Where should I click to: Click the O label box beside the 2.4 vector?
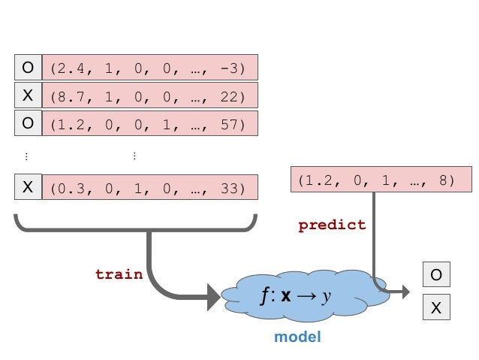pos(28,68)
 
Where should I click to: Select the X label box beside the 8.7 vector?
pos(28,96)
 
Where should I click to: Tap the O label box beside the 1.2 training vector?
pos(28,124)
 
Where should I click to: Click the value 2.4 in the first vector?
pos(69,68)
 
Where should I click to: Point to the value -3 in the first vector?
pos(228,68)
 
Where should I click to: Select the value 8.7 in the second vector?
pos(69,96)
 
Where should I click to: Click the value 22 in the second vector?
pos(228,96)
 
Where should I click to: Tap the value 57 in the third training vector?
pos(228,125)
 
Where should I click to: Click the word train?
pos(119,274)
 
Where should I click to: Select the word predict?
pos(332,225)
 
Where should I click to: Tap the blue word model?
pos(297,337)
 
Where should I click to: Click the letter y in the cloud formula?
pos(327,296)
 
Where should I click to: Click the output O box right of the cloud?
pos(436,276)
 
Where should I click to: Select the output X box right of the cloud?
pos(436,307)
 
